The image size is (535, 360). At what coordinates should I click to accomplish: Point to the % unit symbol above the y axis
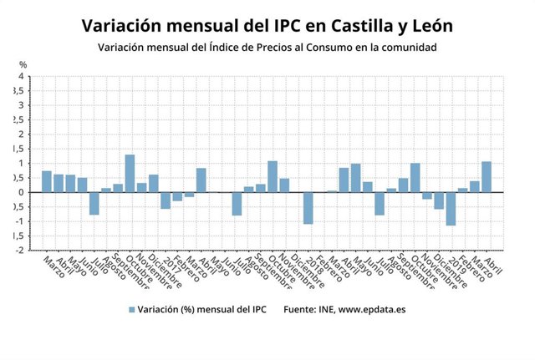coord(23,65)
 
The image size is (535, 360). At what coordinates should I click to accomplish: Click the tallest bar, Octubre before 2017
coord(130,173)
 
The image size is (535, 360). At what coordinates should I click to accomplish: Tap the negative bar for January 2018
coord(308,208)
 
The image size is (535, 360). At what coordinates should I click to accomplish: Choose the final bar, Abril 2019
coord(487,177)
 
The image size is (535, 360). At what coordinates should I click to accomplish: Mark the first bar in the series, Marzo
coord(47,181)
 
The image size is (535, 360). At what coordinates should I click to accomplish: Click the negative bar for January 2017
coord(166,200)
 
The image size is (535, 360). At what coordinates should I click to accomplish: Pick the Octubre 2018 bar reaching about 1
coord(415,178)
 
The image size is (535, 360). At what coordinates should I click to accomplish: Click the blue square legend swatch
coord(131,309)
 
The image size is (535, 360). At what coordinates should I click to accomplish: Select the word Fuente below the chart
coord(299,309)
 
